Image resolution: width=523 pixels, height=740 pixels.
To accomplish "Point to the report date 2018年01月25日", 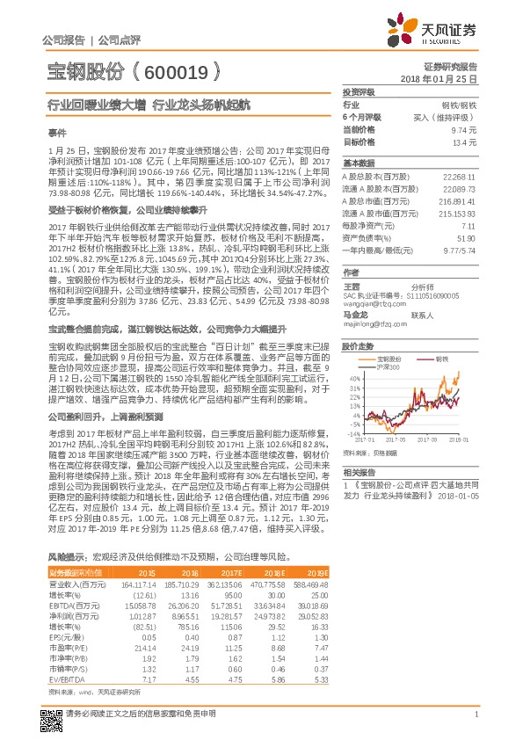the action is pos(449,79).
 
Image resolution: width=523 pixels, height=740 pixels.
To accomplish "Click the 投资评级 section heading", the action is pos(359,91).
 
